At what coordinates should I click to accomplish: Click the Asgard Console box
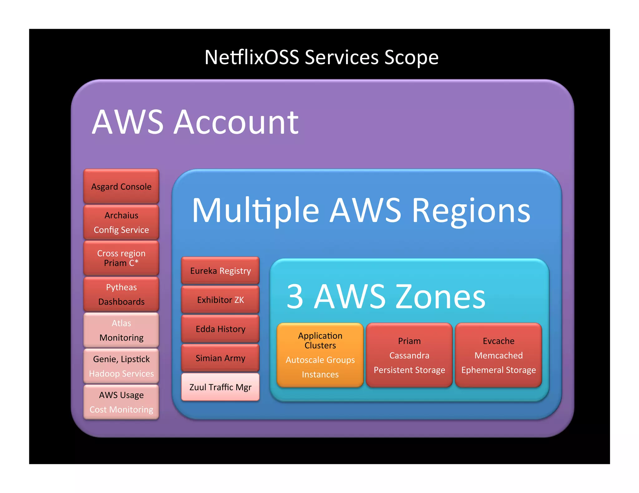[x=121, y=186]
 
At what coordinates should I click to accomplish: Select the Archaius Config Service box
[x=121, y=222]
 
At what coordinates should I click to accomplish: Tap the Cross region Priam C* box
[x=121, y=258]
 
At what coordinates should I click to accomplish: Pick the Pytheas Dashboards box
[x=121, y=294]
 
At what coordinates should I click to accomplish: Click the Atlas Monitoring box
[x=121, y=330]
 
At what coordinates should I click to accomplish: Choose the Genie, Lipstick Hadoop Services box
[x=121, y=366]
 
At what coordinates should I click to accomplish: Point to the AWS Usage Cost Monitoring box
[x=121, y=402]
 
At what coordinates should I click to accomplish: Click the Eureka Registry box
[x=220, y=270]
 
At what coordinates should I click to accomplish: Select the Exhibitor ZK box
[x=220, y=299]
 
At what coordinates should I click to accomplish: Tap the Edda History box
[x=220, y=329]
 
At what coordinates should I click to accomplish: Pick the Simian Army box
[x=220, y=358]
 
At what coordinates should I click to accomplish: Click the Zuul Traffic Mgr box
[x=220, y=387]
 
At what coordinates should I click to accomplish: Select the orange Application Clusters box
[x=320, y=355]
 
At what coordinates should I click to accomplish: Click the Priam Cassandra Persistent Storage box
[x=409, y=355]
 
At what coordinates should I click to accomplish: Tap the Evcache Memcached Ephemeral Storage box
[x=498, y=355]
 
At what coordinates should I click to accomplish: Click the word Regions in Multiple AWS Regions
[x=471, y=211]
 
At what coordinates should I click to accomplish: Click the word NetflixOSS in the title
[x=251, y=58]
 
